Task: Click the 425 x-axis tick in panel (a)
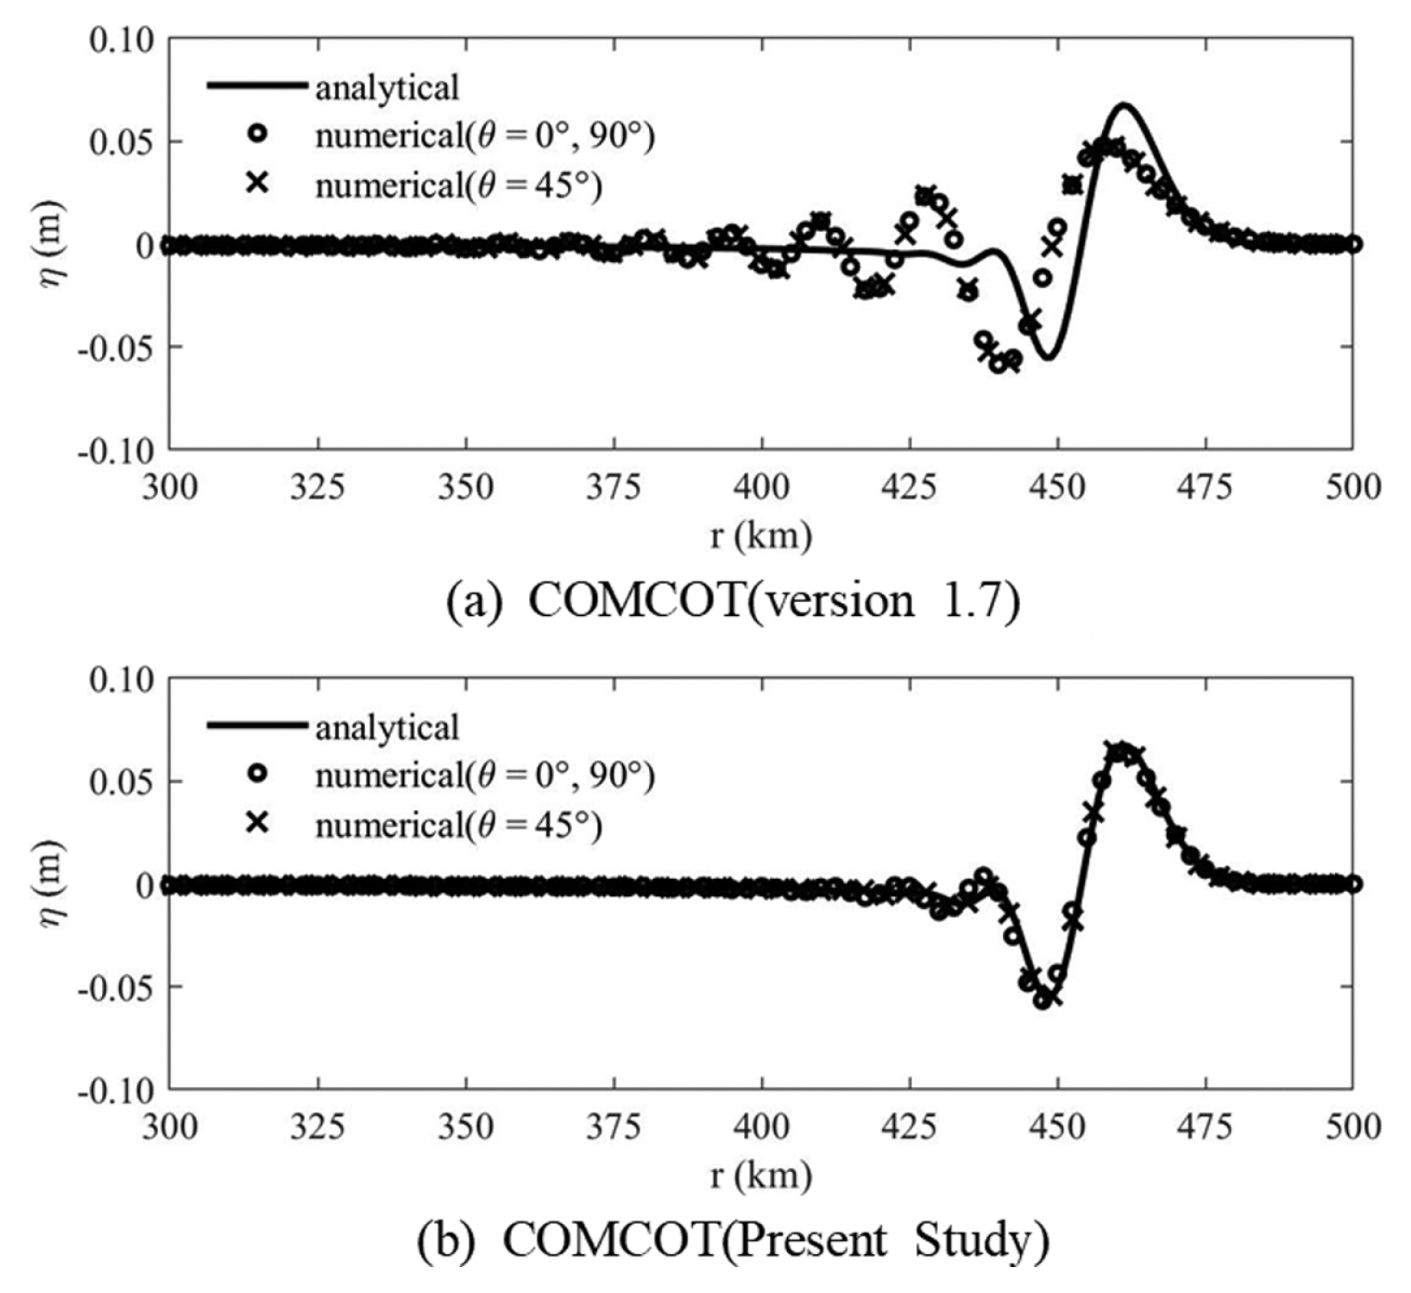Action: (910, 486)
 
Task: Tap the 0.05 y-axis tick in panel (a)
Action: (122, 141)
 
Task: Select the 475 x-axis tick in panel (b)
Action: (1205, 1127)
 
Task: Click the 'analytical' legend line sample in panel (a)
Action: (256, 85)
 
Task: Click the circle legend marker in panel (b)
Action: (256, 775)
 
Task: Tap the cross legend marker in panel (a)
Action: (256, 184)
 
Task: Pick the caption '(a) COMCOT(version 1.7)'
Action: (733, 599)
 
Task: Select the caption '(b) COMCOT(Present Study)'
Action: (733, 1240)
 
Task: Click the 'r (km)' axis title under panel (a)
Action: (761, 536)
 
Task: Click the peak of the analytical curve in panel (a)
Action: (1124, 105)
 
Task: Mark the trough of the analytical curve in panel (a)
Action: (1047, 358)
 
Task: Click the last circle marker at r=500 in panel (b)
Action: (1353, 884)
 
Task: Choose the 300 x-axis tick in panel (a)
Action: (170, 486)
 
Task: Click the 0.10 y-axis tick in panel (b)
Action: (122, 680)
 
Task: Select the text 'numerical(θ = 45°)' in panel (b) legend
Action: (458, 825)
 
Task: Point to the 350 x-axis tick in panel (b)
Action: (466, 1127)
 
